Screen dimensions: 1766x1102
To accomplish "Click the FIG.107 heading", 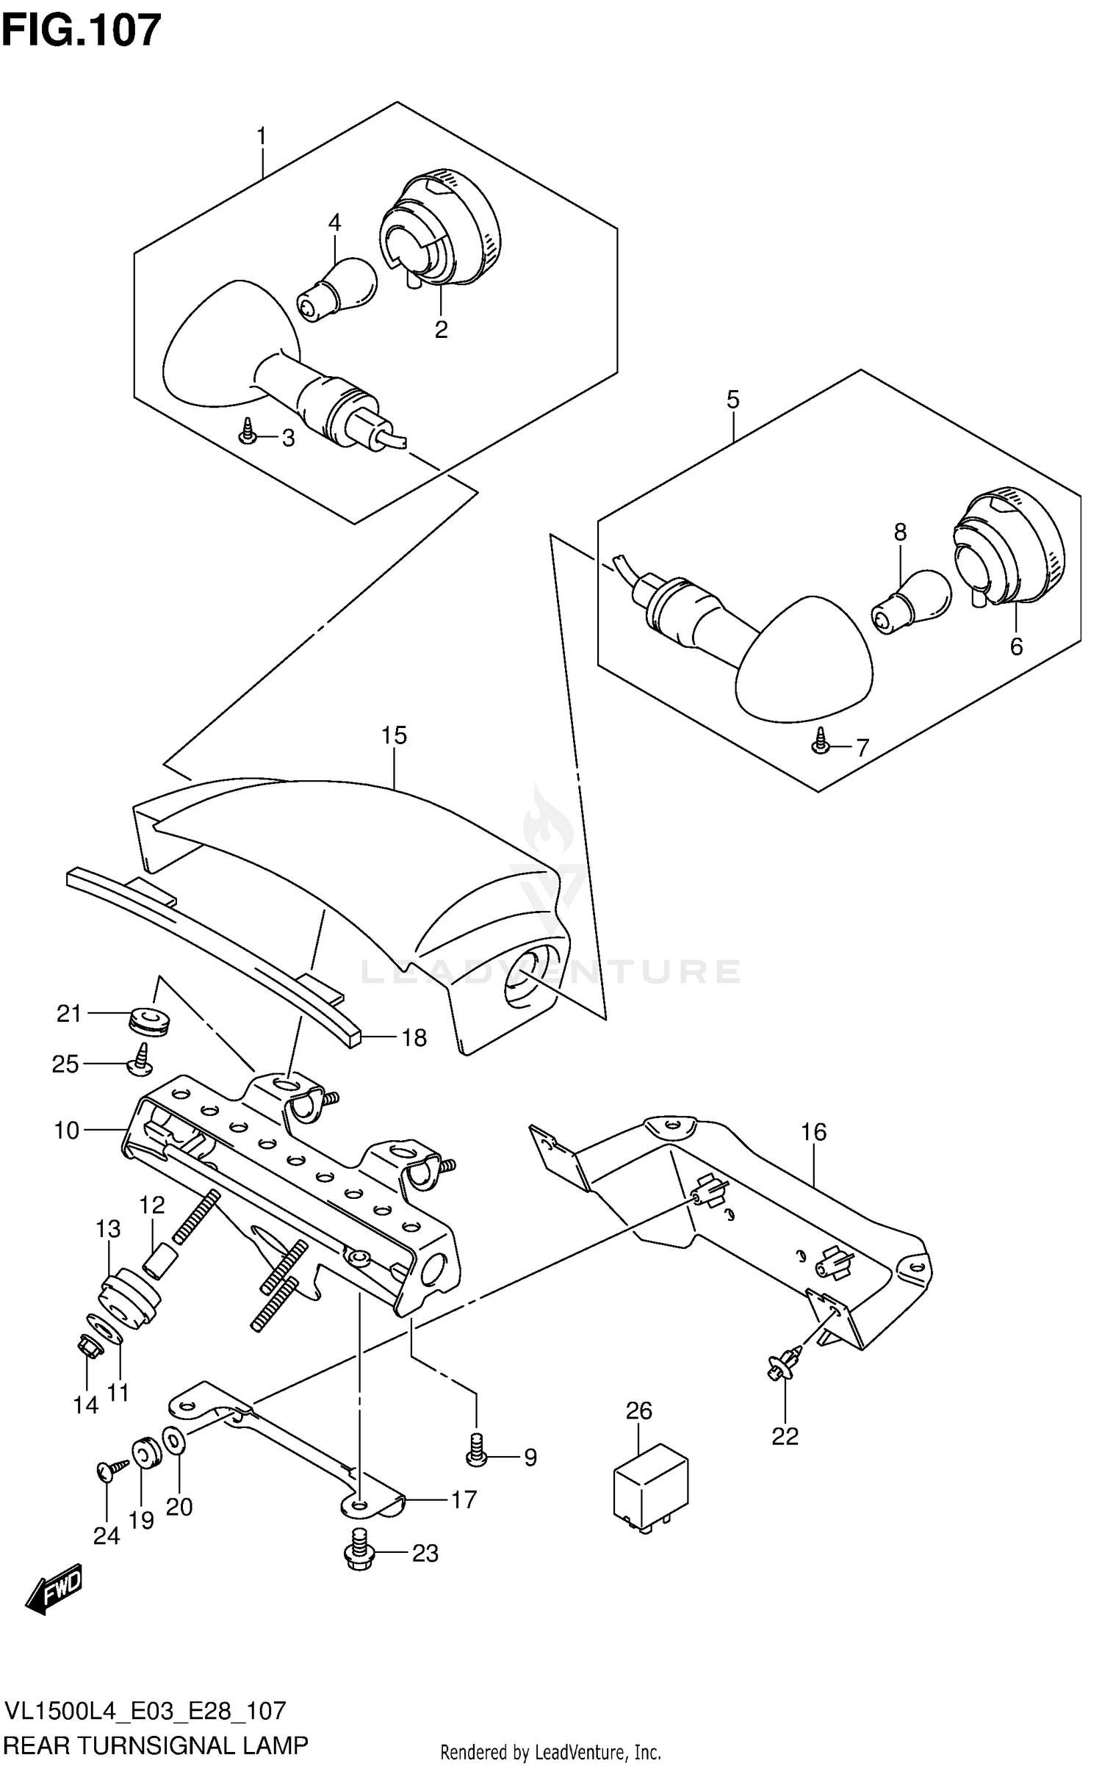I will coord(82,31).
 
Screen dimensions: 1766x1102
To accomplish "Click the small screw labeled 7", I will coord(821,744).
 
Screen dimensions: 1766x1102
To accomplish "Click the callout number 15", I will coord(394,735).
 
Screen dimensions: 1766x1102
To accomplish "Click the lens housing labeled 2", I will coord(441,228).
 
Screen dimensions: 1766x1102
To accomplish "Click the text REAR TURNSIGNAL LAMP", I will coord(156,1745).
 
